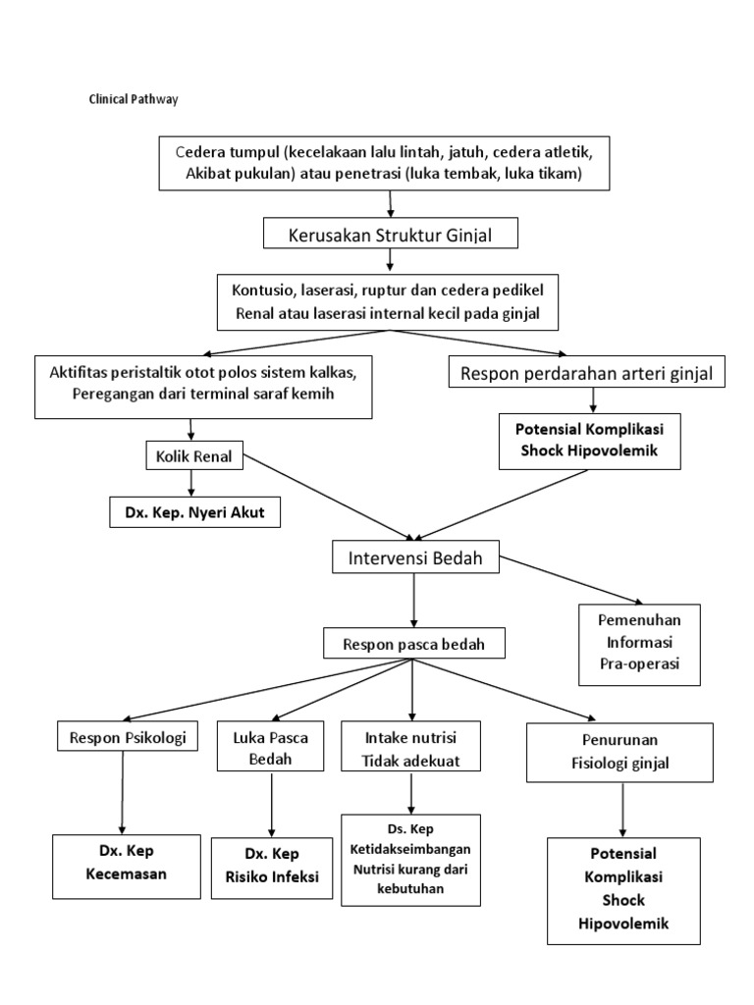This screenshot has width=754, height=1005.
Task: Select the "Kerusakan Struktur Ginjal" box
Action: click(390, 235)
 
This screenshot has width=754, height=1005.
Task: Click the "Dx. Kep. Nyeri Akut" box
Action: click(193, 511)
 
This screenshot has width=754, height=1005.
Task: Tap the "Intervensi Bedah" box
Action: click(415, 558)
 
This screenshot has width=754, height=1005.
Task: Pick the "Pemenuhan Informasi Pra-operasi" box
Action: click(640, 644)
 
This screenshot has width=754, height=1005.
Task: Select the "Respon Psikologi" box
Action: click(122, 736)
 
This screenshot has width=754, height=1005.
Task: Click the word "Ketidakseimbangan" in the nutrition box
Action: click(411, 848)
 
